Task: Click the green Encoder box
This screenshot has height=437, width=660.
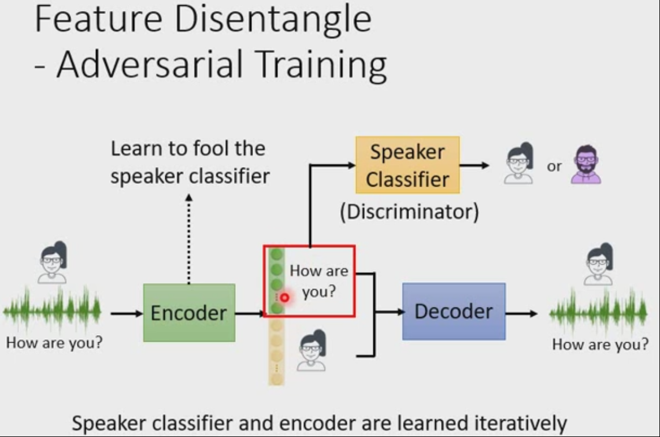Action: pos(189,313)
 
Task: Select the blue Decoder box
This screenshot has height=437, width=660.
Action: pos(454,311)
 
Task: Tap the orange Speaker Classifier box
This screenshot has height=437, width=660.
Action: pos(407,165)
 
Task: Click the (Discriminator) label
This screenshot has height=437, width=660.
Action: pos(409,212)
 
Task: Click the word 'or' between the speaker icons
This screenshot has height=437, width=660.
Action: pos(554,166)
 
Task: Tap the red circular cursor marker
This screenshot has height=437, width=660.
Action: pos(284,297)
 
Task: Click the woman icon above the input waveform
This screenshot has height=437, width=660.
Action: pos(53,263)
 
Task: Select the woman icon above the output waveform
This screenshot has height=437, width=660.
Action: pos(599,264)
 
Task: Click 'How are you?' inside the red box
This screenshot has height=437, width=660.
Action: pos(318,280)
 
